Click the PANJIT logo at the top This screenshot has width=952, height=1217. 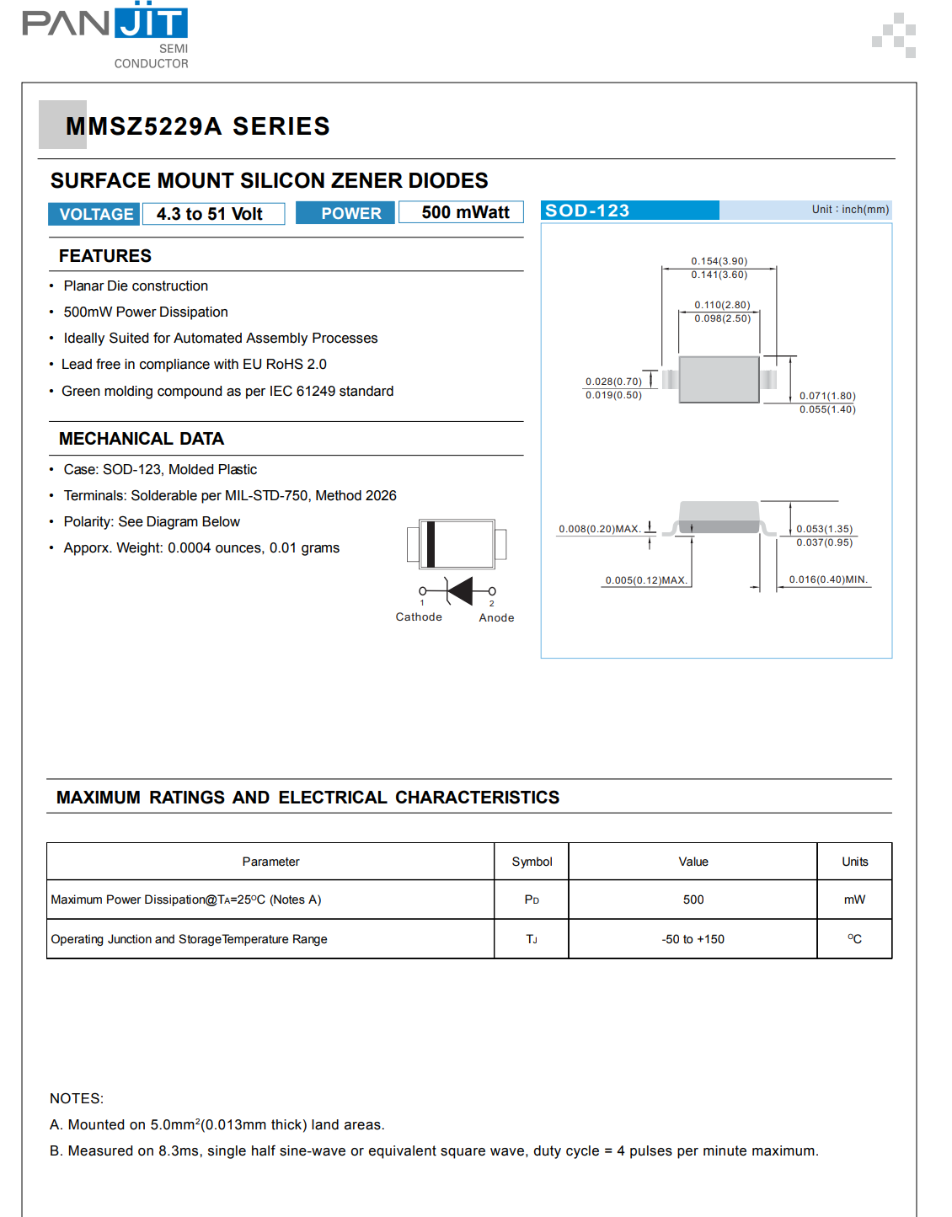tap(105, 34)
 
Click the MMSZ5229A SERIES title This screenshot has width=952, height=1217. tap(197, 126)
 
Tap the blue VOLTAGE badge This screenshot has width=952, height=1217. tap(95, 214)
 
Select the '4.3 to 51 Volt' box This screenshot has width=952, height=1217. tap(212, 214)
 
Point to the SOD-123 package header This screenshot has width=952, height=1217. tap(587, 211)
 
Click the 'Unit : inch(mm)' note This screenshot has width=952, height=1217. tap(849, 210)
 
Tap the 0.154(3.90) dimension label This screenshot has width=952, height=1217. tap(719, 261)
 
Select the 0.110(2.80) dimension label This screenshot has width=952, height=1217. tap(722, 305)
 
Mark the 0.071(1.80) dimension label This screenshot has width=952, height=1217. tap(826, 396)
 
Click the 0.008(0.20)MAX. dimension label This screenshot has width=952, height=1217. tap(599, 529)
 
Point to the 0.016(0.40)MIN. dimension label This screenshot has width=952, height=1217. tap(828, 579)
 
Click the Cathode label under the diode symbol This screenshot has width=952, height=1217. tap(419, 617)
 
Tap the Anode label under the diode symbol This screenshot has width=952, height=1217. tap(496, 618)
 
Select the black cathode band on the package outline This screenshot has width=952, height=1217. tap(431, 544)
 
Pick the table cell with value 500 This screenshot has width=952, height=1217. tap(693, 899)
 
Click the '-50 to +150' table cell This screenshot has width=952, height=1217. tap(693, 939)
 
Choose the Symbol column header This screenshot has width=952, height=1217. tap(532, 862)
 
